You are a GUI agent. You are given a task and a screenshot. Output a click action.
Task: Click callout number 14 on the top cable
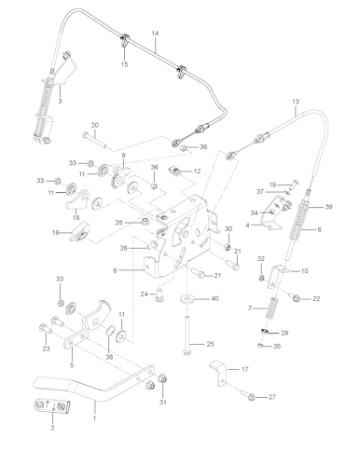click(x=155, y=34)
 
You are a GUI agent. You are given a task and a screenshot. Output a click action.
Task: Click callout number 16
click(x=56, y=233)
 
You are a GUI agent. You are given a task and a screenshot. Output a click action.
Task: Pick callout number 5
click(x=71, y=365)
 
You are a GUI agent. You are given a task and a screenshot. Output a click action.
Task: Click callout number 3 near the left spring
click(x=60, y=102)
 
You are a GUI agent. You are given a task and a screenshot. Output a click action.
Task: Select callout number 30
click(x=228, y=229)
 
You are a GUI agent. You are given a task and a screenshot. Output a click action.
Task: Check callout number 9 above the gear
click(x=122, y=155)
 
